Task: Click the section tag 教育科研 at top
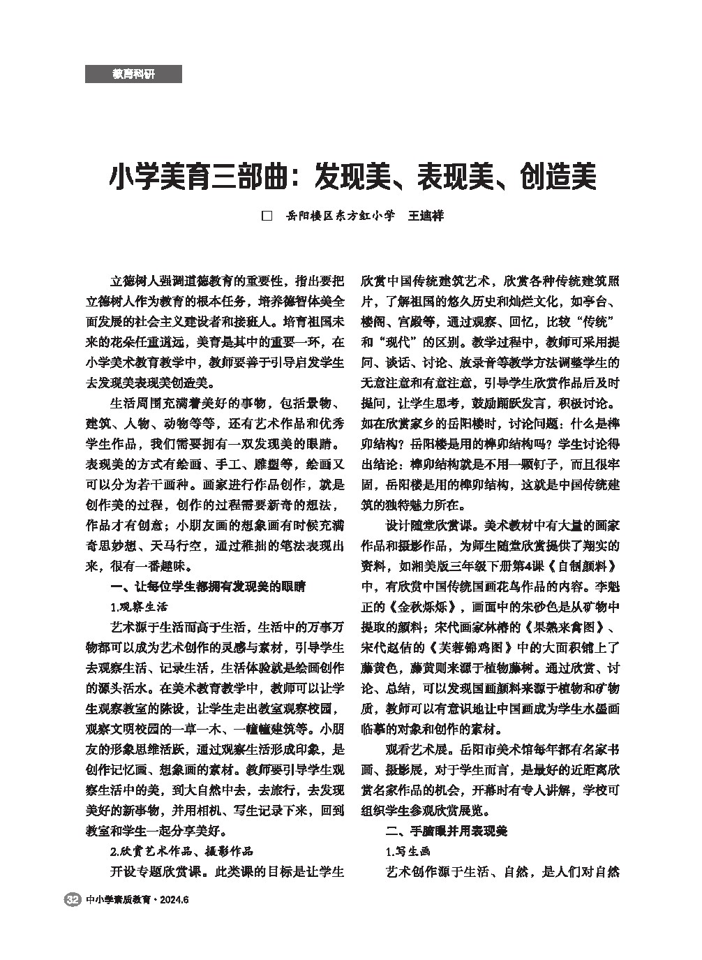pyautogui.click(x=133, y=74)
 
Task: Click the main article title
pyautogui.click(x=352, y=177)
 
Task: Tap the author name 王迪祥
pyautogui.click(x=425, y=216)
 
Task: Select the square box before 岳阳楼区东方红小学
pyautogui.click(x=266, y=216)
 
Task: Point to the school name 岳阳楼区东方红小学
pyautogui.click(x=341, y=216)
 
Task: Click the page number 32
pyautogui.click(x=71, y=900)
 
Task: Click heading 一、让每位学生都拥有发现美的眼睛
pyautogui.click(x=208, y=585)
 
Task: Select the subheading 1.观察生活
pyautogui.click(x=139, y=605)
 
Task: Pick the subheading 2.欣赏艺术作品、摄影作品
pyautogui.click(x=181, y=851)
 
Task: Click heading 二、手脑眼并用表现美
pyautogui.click(x=447, y=831)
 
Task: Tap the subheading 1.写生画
pyautogui.click(x=408, y=851)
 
